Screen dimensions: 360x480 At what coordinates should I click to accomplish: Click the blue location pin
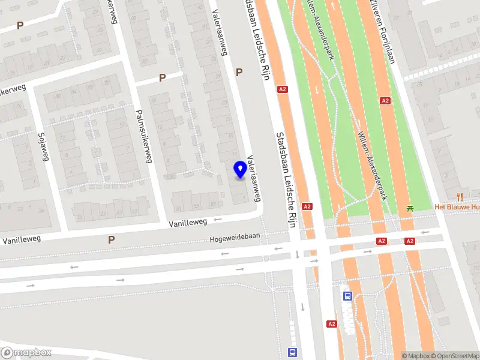click(240, 170)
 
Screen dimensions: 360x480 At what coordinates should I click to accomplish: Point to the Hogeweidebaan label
click(235, 237)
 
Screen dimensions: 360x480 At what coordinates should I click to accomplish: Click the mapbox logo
click(26, 353)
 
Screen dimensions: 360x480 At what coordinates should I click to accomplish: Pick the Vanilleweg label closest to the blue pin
click(187, 222)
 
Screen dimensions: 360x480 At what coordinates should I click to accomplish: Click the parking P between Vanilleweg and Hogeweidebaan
click(110, 239)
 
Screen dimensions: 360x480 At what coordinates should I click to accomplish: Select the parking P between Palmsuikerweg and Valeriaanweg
click(162, 78)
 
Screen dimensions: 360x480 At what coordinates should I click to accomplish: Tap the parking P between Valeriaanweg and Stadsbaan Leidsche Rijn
click(239, 72)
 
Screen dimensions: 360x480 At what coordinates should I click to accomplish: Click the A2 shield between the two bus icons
click(332, 324)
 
